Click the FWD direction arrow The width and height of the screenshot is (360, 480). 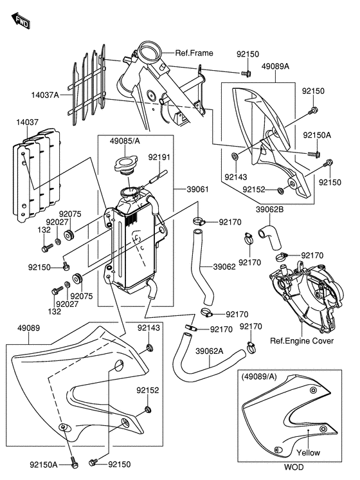pyautogui.click(x=21, y=21)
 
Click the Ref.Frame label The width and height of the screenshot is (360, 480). pyautogui.click(x=194, y=53)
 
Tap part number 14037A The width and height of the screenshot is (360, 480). pyautogui.click(x=44, y=95)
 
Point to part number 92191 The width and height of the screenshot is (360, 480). pyautogui.click(x=159, y=157)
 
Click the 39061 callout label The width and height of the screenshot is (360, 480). pyautogui.click(x=197, y=189)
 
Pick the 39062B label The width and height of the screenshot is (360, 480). pyautogui.click(x=269, y=210)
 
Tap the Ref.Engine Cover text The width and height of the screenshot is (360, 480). pyautogui.click(x=301, y=341)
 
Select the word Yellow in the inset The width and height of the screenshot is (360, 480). pyautogui.click(x=308, y=452)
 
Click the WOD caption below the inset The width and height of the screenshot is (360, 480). pyautogui.click(x=294, y=467)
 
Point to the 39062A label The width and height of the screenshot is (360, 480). pyautogui.click(x=209, y=351)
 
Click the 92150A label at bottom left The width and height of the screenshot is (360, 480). pyautogui.click(x=44, y=465)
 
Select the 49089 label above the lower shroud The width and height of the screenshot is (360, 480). pyautogui.click(x=28, y=328)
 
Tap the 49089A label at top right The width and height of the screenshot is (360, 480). pyautogui.click(x=275, y=66)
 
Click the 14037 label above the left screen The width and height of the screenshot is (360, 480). pyautogui.click(x=27, y=122)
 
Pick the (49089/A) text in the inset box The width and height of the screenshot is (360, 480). pyautogui.click(x=258, y=376)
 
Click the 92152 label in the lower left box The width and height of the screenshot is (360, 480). pyautogui.click(x=148, y=391)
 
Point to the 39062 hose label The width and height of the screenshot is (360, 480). pyautogui.click(x=224, y=267)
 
